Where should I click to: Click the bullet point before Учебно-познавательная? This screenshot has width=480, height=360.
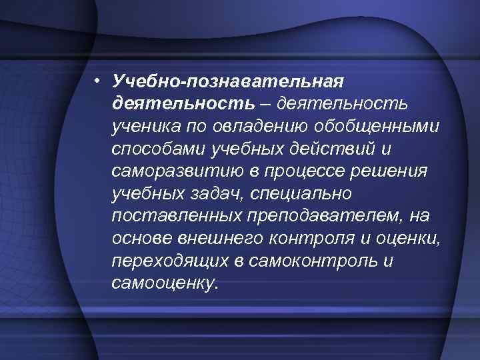tap(97, 81)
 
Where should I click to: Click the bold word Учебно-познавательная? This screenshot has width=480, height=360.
tap(227, 81)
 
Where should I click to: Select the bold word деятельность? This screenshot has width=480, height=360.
tap(183, 104)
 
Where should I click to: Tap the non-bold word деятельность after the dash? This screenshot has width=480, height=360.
tap(344, 104)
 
